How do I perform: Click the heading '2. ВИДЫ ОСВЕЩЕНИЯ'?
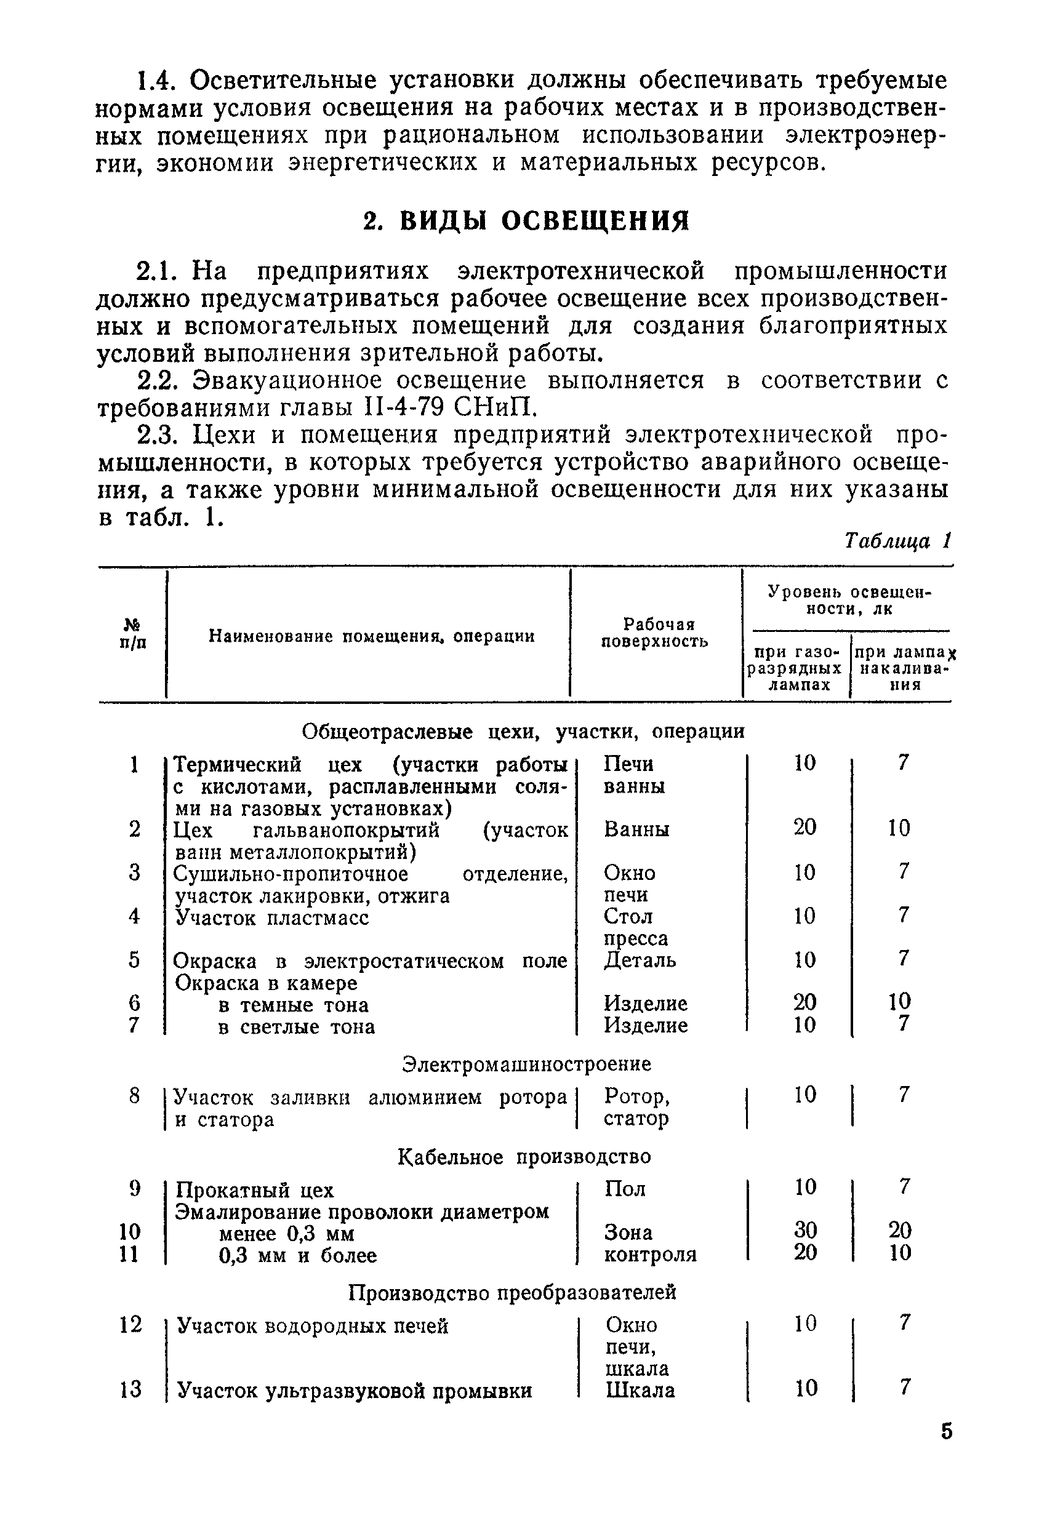526,222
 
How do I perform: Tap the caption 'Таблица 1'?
897,540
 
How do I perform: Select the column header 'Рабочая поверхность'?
655,633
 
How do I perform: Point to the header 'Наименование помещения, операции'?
371,636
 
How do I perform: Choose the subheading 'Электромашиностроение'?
526,1064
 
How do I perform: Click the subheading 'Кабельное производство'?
524,1156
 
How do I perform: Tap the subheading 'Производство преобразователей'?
511,1293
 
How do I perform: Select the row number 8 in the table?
134,1095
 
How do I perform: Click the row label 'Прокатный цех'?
255,1190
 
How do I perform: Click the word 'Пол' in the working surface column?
625,1188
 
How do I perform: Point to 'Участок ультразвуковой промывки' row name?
355,1391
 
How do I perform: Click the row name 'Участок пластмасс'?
271,917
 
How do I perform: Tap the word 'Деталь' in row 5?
640,960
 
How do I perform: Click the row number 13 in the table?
130,1389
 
